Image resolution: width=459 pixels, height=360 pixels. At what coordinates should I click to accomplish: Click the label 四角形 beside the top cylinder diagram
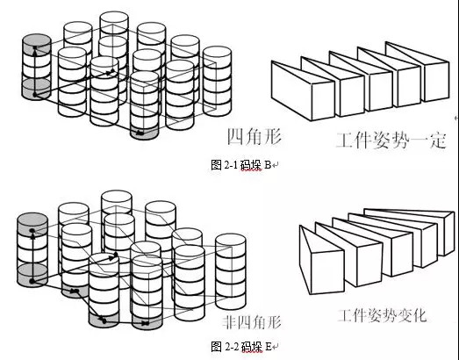(255, 137)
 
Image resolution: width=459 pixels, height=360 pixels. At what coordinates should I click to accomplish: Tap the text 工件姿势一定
(391, 140)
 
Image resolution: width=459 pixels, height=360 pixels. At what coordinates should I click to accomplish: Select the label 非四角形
(252, 322)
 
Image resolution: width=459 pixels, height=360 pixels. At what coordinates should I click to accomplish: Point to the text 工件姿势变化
(382, 315)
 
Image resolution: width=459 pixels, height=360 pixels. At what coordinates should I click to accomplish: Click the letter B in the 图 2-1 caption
(268, 165)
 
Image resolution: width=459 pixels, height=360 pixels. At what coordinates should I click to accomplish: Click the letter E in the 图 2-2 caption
(269, 347)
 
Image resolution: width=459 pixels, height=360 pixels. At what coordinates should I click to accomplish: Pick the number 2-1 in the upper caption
(231, 165)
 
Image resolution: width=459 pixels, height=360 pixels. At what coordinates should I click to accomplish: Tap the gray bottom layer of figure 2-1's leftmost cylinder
(36, 89)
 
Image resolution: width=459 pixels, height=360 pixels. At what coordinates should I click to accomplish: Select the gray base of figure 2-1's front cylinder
(144, 133)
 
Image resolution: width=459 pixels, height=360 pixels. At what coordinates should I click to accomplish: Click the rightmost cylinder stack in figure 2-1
(217, 81)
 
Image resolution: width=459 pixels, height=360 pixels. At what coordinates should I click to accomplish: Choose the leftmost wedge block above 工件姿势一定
(303, 90)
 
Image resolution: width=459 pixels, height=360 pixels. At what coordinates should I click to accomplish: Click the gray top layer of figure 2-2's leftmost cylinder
(32, 225)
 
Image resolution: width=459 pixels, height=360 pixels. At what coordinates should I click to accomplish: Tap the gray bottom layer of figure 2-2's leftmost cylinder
(32, 276)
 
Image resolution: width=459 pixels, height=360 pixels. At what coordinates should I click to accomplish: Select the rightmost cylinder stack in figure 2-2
(231, 271)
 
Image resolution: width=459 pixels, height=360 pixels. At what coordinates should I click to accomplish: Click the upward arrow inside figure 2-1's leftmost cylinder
(35, 71)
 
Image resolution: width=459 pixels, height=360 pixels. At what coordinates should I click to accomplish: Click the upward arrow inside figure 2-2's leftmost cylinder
(32, 256)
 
